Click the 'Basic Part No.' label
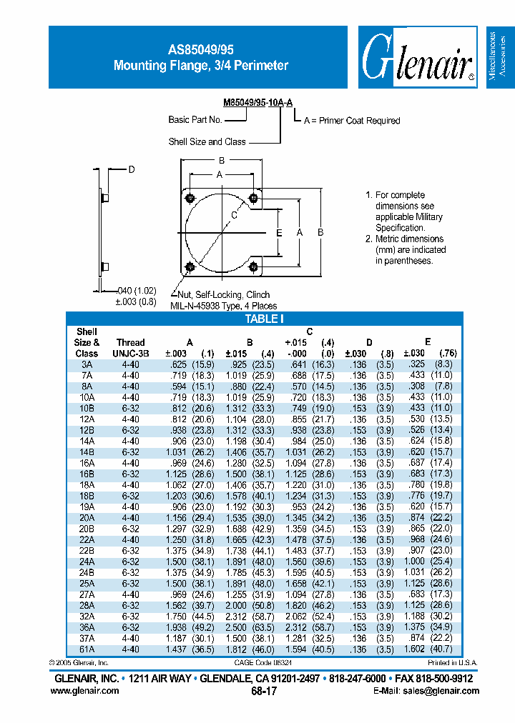pyautogui.click(x=195, y=120)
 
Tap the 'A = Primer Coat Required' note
pyautogui.click(x=352, y=121)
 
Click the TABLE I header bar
pyautogui.click(x=265, y=319)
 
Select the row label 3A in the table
pyautogui.click(x=87, y=364)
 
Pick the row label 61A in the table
pyautogui.click(x=87, y=649)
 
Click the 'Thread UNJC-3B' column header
pyautogui.click(x=130, y=347)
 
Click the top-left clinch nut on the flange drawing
pyautogui.click(x=190, y=198)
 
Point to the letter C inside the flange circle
pyautogui.click(x=235, y=214)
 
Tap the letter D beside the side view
pyautogui.click(x=132, y=169)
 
